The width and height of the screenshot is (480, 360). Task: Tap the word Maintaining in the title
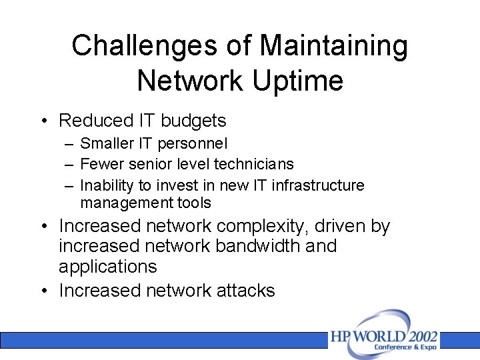tap(333, 46)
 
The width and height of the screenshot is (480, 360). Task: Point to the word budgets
tap(194, 121)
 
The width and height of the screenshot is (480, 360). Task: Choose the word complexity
tap(265, 226)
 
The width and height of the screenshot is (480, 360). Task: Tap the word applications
tap(108, 267)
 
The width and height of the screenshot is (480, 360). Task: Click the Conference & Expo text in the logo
tap(405, 347)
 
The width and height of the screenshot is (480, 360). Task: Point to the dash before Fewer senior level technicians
tap(69, 164)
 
